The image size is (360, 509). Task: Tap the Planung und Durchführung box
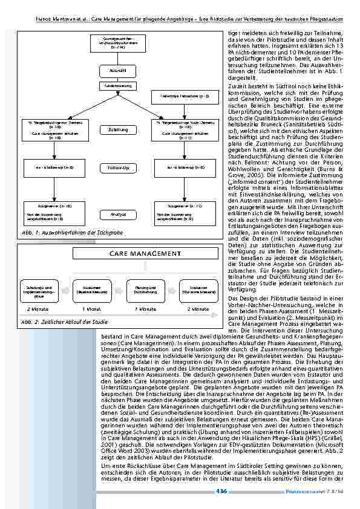click(144, 289)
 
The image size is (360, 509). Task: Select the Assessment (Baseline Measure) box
click(91, 289)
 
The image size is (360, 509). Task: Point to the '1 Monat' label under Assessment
click(91, 309)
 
